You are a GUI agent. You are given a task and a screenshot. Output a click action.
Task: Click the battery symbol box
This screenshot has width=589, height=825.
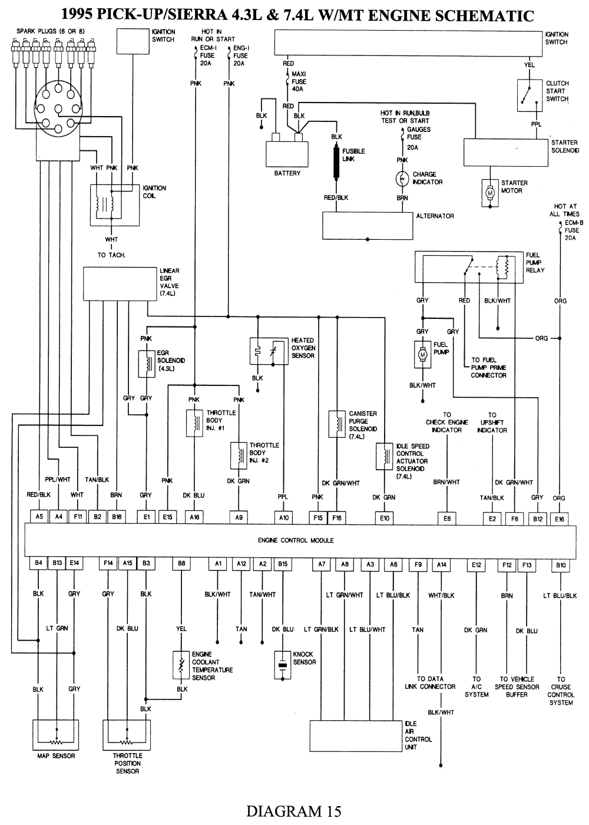287,154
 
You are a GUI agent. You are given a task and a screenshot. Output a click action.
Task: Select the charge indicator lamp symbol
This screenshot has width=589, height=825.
402,179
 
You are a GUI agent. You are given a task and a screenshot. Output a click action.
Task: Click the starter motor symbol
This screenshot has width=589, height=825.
489,193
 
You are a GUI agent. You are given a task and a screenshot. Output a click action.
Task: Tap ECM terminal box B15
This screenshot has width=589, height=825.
283,564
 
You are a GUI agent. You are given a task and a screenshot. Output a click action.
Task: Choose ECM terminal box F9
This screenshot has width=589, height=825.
418,564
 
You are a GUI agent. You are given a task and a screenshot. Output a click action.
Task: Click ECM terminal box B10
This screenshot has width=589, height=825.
561,564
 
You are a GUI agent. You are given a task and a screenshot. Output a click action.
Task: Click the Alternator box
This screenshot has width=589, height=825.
367,226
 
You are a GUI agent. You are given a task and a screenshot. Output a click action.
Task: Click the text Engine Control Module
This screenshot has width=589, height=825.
296,540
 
